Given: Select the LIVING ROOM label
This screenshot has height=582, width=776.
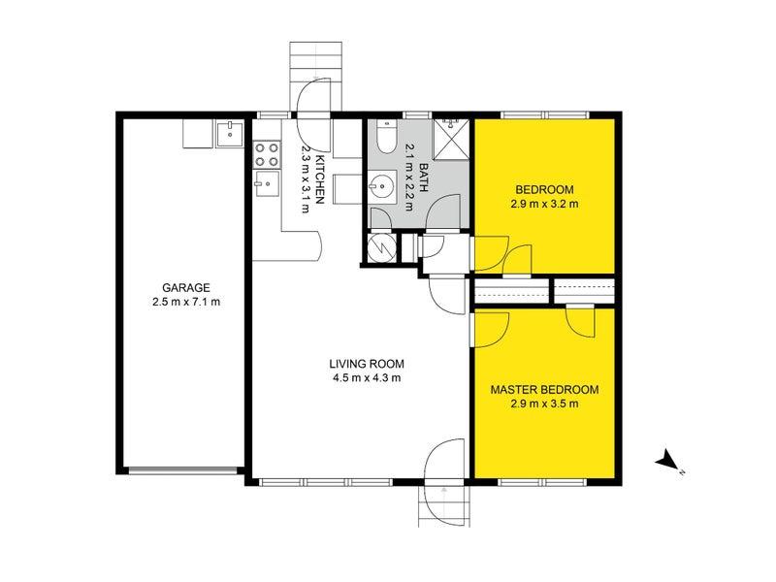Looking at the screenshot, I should pyautogui.click(x=365, y=364).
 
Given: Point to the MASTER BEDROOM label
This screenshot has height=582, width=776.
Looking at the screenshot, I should pyautogui.click(x=544, y=389).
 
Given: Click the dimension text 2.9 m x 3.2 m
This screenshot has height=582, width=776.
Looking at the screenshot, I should pyautogui.click(x=544, y=204).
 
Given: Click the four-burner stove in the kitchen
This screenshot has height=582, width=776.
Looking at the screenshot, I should pyautogui.click(x=266, y=154).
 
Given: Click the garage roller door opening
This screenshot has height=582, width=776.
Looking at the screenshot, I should pyautogui.click(x=183, y=470).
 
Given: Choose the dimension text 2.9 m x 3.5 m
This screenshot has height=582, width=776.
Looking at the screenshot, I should pyautogui.click(x=544, y=404).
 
